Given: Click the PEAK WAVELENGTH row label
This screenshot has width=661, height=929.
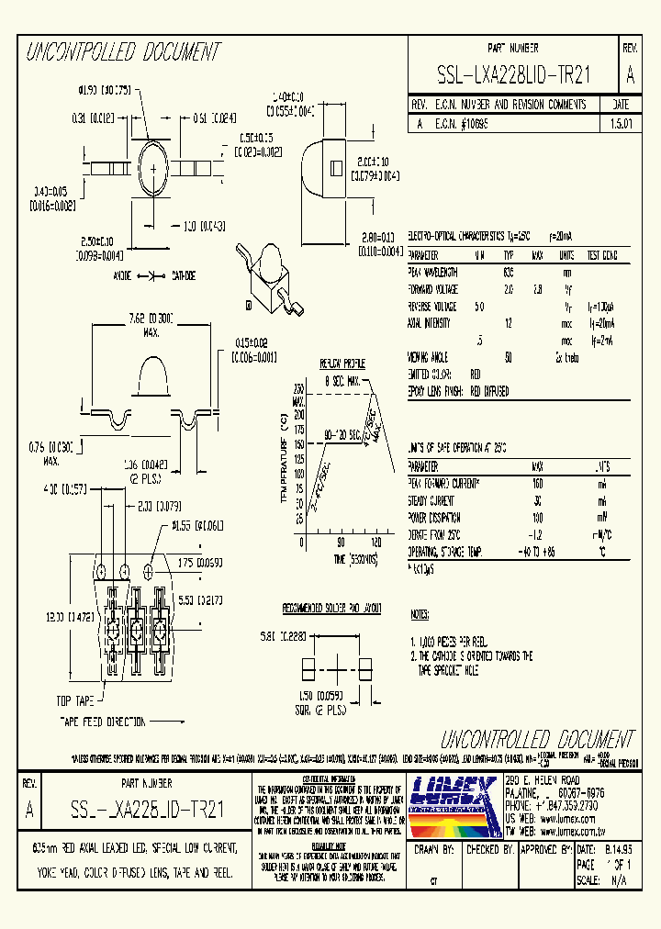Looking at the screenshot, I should pos(433,272).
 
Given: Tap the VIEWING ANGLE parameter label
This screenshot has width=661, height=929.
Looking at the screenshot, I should pos(430,355).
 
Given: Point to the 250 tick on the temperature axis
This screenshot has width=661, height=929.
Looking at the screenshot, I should pos(298,388).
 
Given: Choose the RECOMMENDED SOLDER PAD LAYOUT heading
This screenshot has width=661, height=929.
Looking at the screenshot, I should pos(331,609).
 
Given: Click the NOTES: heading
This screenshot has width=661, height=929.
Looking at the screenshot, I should pos(419,613).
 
